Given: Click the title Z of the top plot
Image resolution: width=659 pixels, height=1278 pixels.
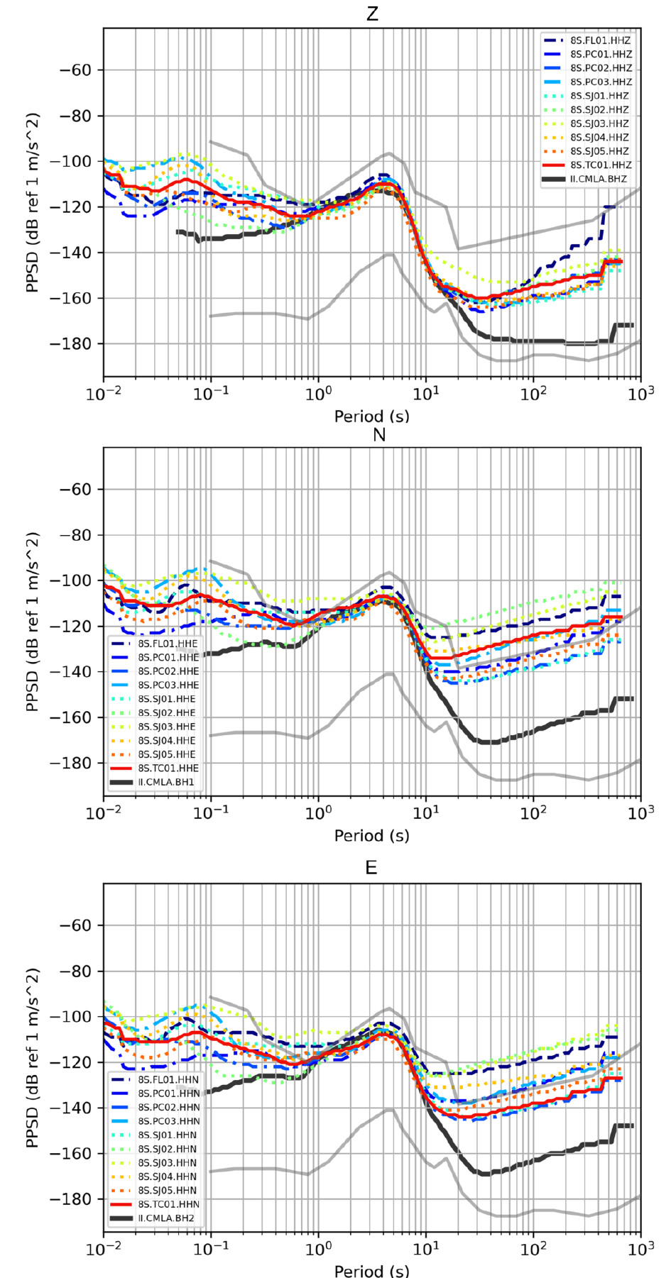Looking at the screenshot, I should click(372, 14).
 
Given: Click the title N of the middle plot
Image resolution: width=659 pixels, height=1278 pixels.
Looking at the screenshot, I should click(379, 434).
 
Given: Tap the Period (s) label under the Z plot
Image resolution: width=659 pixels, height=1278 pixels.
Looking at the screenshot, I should click(372, 416).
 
